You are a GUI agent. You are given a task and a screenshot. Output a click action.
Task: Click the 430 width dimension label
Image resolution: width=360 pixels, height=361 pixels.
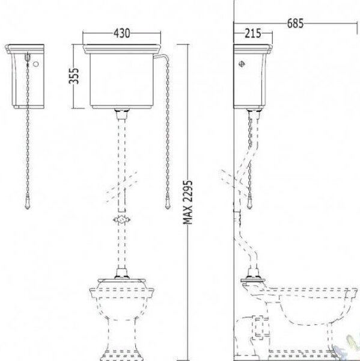[121, 33]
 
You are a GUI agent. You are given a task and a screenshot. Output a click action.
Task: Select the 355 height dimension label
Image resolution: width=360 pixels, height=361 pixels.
[74, 76]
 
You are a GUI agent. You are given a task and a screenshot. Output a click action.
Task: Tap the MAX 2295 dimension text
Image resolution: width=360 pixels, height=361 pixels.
[188, 202]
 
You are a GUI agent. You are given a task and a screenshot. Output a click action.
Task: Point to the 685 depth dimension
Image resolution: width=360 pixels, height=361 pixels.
[295, 23]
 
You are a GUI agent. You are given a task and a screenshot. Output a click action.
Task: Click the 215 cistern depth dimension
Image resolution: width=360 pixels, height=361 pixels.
[253, 33]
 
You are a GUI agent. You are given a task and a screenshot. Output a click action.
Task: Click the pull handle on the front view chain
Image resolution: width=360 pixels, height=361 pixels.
[168, 204]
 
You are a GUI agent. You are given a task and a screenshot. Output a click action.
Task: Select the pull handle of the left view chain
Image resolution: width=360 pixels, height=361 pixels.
[28, 204]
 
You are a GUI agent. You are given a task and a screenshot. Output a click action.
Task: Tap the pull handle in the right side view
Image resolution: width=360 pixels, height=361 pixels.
[250, 204]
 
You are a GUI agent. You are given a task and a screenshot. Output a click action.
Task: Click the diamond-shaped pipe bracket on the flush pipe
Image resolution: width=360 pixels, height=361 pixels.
[121, 220]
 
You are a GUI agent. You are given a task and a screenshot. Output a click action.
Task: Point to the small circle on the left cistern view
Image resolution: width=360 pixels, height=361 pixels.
[36, 64]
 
